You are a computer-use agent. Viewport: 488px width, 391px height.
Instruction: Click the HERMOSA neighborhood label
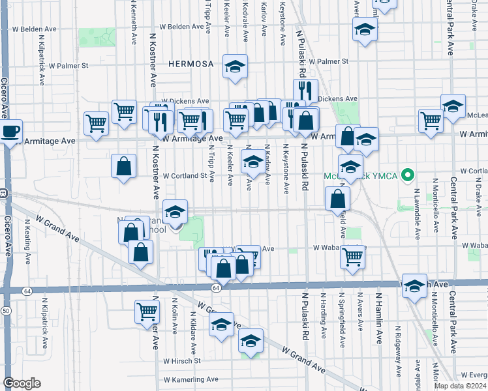tap(191, 64)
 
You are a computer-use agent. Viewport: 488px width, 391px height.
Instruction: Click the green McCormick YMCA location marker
tap(408, 175)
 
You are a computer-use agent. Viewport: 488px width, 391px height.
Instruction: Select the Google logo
tap(22, 383)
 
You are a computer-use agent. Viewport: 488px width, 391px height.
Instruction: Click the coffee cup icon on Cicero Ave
tap(10, 131)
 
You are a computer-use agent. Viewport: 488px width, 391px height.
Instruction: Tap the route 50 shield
tap(5, 311)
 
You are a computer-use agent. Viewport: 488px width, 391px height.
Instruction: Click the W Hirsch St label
tap(181, 360)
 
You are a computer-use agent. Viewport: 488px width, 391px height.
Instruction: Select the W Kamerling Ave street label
tap(191, 379)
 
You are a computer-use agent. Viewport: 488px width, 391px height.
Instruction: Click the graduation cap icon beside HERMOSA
tap(235, 66)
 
